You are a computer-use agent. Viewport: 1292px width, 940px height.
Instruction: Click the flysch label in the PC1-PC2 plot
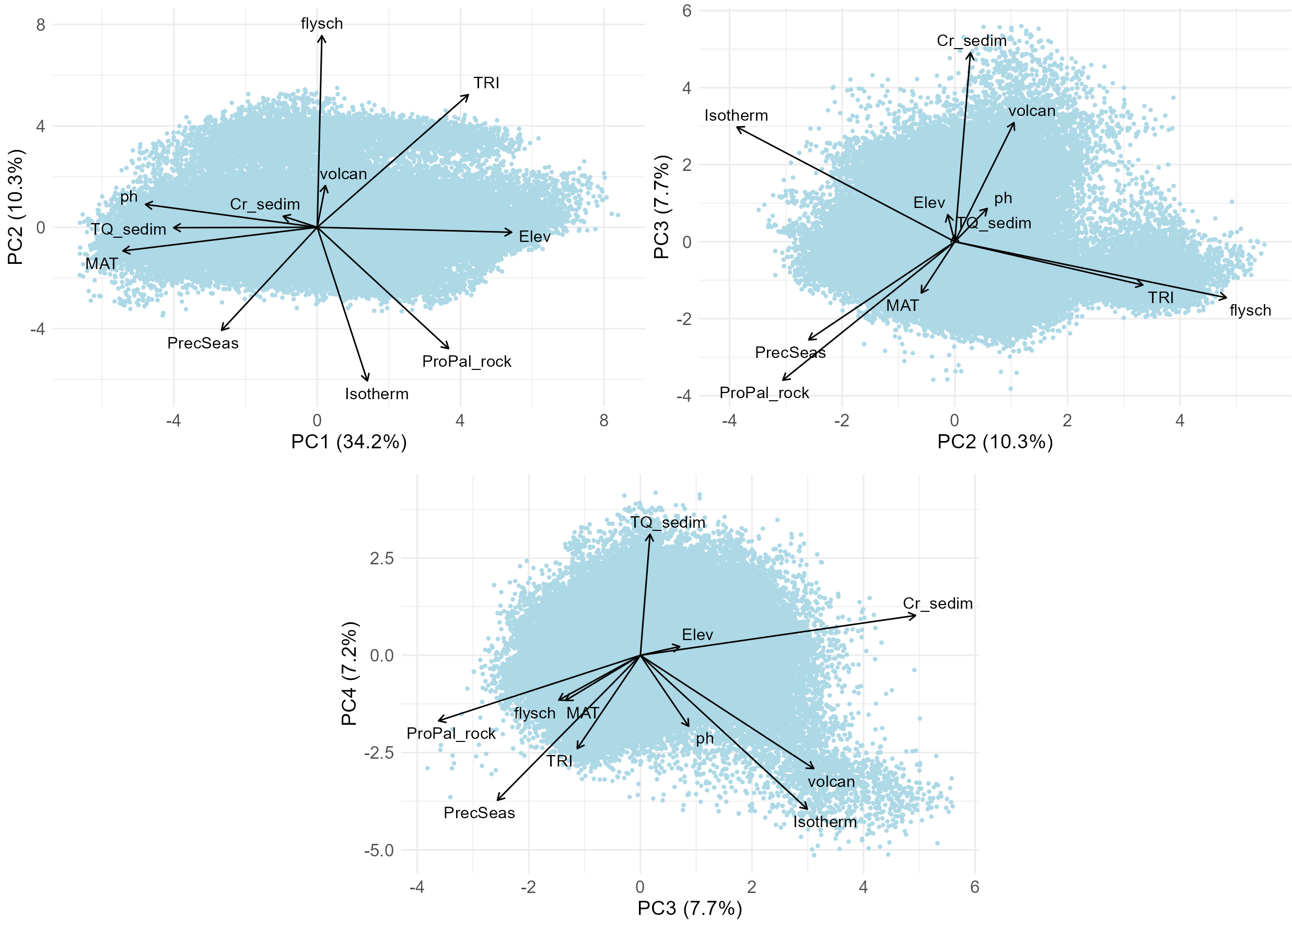coord(322,24)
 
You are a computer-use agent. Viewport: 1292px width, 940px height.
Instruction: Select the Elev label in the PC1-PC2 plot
coord(534,236)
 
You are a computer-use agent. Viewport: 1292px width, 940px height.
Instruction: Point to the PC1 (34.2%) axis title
coord(348,442)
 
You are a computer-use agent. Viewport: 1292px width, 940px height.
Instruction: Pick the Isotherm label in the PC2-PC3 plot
coord(736,115)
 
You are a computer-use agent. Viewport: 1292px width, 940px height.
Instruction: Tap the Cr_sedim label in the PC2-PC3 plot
coord(971,41)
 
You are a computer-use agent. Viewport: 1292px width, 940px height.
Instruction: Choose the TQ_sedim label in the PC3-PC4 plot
coord(668,523)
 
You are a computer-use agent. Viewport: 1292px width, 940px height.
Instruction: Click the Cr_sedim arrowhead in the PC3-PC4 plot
coord(915,616)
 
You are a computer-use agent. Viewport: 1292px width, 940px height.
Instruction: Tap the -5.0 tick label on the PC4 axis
coord(379,851)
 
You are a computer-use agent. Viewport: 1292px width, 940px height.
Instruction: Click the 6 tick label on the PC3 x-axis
coord(975,887)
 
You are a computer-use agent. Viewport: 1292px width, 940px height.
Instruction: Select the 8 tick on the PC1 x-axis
coord(604,421)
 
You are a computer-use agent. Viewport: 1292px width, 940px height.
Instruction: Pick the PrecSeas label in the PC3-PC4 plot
coord(479,813)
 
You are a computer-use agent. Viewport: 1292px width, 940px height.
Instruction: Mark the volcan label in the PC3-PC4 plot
coord(831,782)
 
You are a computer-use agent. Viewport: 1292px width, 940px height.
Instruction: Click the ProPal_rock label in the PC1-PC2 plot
coord(467,362)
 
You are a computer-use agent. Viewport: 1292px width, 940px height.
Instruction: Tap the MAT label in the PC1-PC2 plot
coord(102,264)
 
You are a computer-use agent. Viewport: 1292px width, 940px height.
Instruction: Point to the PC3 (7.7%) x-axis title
coord(689,908)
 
